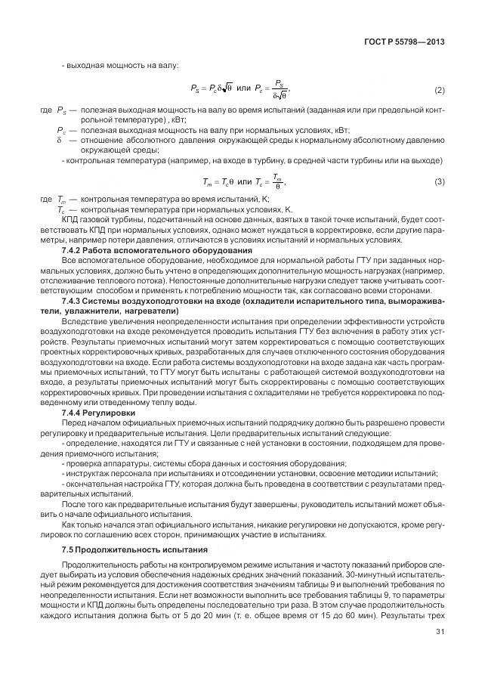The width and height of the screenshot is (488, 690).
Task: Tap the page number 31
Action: tap(440, 633)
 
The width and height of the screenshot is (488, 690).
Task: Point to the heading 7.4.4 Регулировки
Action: tap(98, 413)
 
